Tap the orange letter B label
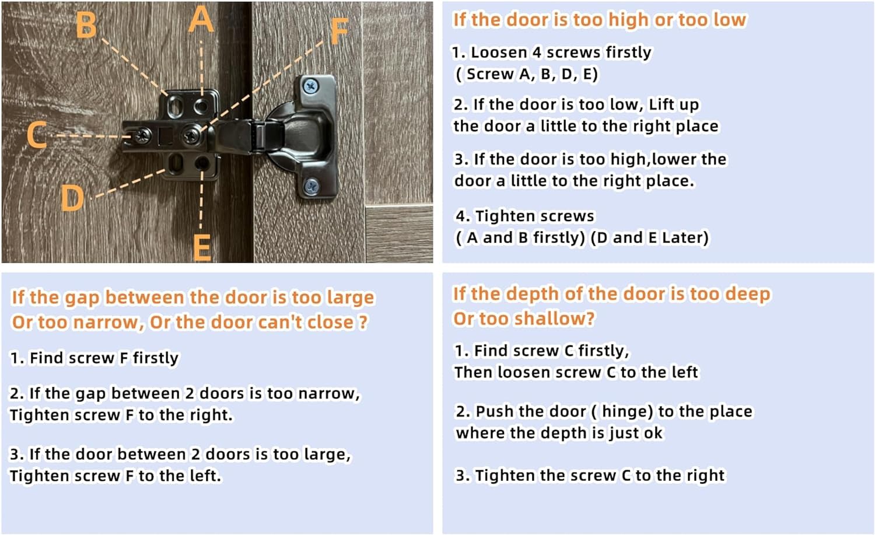(x=86, y=25)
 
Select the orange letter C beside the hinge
(x=37, y=134)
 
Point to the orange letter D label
(x=73, y=198)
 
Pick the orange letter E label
(x=202, y=247)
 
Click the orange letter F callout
(x=339, y=32)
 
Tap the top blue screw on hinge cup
(x=311, y=86)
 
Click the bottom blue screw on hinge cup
(x=311, y=186)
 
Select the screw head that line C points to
(x=142, y=136)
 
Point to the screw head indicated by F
(x=192, y=135)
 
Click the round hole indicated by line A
(x=202, y=106)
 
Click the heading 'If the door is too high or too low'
(x=600, y=19)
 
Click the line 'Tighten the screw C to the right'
(x=590, y=475)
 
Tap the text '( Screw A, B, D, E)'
(x=527, y=74)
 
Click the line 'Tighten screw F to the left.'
(x=116, y=475)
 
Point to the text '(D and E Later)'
(x=649, y=237)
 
